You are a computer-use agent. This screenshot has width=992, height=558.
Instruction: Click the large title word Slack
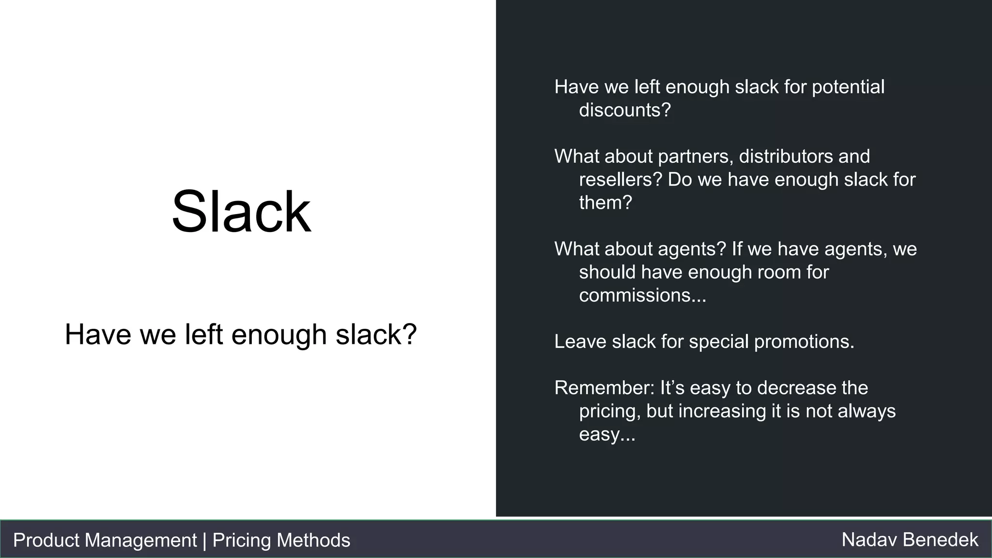241,212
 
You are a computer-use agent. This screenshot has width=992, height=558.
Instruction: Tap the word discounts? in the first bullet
625,110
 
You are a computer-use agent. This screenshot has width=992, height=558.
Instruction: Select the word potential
848,87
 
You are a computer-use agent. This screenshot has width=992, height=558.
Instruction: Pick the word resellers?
620,179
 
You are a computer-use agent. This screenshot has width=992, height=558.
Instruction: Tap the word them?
605,202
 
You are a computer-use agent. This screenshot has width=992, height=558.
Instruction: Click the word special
719,341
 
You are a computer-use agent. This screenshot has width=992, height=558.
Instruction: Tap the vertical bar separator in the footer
204,540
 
